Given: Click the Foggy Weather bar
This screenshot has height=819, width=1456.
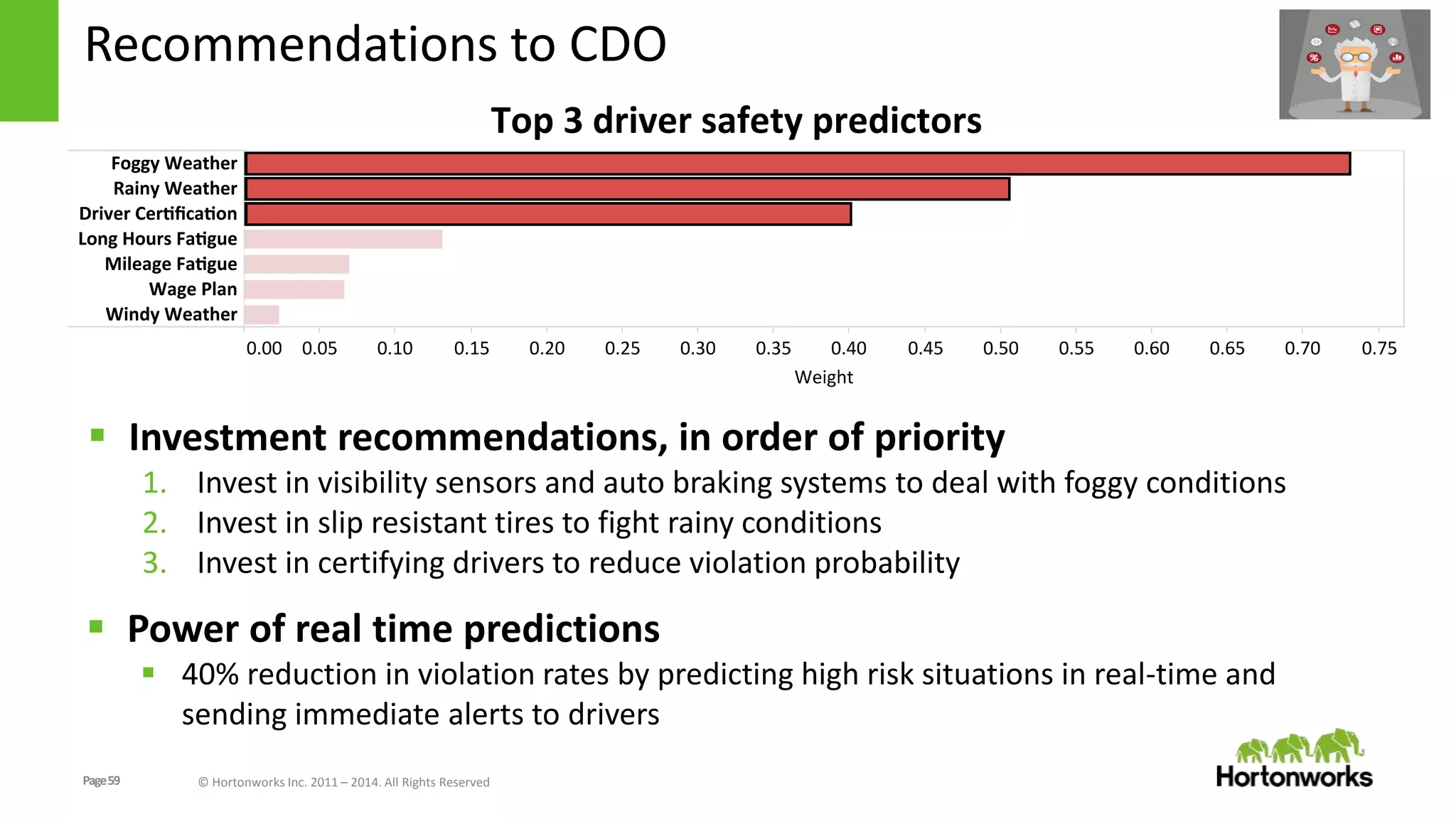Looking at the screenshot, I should pyautogui.click(x=796, y=164).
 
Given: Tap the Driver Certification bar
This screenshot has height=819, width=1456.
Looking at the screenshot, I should pyautogui.click(x=547, y=214).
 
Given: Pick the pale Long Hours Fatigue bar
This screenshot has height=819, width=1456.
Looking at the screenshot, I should pyautogui.click(x=343, y=239).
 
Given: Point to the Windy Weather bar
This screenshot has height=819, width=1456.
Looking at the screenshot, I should pyautogui.click(x=262, y=314).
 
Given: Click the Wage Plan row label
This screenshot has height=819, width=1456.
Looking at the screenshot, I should pyautogui.click(x=193, y=289).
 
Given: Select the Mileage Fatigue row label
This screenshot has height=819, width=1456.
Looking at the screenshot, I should pyautogui.click(x=171, y=264).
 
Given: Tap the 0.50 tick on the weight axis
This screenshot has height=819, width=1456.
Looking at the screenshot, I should pyautogui.click(x=1000, y=348).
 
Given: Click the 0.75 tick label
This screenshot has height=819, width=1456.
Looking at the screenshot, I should pyautogui.click(x=1379, y=348).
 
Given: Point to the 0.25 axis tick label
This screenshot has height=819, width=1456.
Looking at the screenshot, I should pyautogui.click(x=622, y=348).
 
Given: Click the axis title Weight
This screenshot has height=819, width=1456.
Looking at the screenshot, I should pyautogui.click(x=823, y=378).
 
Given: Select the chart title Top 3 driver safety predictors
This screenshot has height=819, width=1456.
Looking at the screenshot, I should pyautogui.click(x=736, y=120).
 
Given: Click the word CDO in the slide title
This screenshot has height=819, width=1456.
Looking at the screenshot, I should pyautogui.click(x=617, y=45).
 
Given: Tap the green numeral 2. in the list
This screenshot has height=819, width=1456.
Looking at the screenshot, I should pyautogui.click(x=154, y=523).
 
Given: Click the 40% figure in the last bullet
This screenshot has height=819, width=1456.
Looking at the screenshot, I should pyautogui.click(x=210, y=675).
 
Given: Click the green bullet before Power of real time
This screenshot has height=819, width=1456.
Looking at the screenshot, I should pyautogui.click(x=97, y=627).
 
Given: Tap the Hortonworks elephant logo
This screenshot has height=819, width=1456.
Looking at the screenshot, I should pyautogui.click(x=1300, y=746).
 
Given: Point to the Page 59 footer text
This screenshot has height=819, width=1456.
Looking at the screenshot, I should pyautogui.click(x=102, y=781).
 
